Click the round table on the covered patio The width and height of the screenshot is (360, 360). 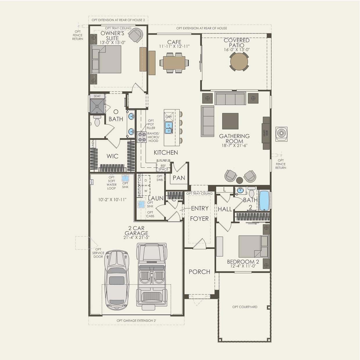[x=239, y=61]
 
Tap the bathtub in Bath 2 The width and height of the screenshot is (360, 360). [x=264, y=200]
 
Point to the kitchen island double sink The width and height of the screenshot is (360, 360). [x=168, y=128]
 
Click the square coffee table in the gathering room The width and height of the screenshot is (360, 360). [x=230, y=121]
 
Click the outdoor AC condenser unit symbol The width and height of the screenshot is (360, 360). [x=281, y=134]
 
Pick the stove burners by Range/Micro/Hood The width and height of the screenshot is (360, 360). [x=142, y=137]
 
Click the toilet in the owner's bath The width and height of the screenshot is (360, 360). [x=97, y=121]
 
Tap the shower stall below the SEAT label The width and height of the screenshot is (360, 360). [x=97, y=106]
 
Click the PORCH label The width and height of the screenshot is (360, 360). [x=199, y=272]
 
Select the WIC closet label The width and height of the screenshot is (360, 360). [x=112, y=156]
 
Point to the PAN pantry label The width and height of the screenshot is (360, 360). [x=179, y=178]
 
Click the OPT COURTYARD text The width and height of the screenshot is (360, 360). [x=245, y=307]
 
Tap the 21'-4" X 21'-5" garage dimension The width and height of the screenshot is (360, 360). [x=136, y=237]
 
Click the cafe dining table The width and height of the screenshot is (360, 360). [x=174, y=62]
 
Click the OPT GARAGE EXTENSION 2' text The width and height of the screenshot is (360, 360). [x=136, y=321]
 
